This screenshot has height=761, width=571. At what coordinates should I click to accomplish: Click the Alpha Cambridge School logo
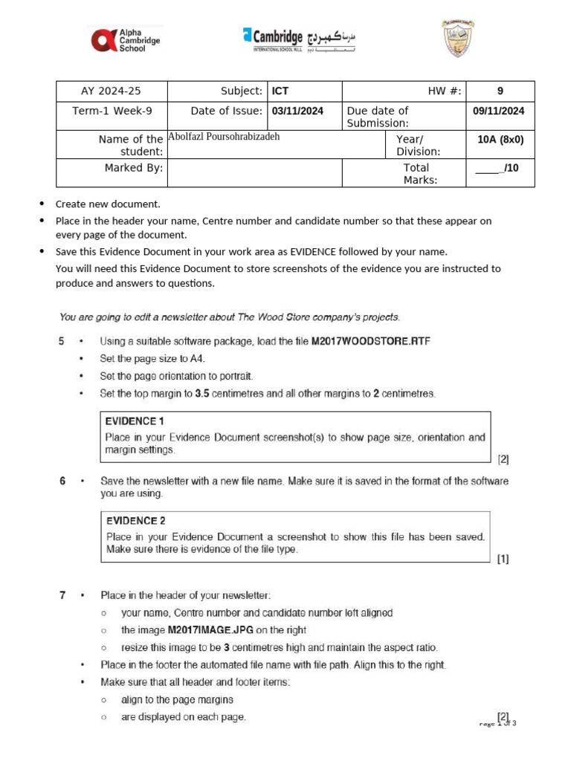[125, 39]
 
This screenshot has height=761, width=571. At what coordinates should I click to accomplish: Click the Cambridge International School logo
[299, 38]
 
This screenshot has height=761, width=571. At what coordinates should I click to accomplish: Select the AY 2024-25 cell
[111, 91]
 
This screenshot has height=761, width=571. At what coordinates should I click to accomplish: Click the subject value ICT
[280, 91]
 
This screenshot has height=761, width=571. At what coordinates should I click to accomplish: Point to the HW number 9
[500, 91]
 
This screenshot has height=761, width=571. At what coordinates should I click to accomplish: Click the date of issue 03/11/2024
[297, 111]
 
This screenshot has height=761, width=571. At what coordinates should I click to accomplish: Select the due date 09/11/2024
[499, 111]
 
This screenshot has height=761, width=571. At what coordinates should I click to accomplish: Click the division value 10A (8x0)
[500, 139]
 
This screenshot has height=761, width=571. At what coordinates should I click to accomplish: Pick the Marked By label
[133, 168]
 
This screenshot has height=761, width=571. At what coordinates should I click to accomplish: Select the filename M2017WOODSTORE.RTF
[370, 341]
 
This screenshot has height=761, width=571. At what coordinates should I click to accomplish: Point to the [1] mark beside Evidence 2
[503, 560]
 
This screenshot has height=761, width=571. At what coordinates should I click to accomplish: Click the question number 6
[62, 481]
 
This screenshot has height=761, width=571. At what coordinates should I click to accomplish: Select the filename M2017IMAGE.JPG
[211, 629]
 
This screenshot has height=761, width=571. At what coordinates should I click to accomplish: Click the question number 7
[62, 595]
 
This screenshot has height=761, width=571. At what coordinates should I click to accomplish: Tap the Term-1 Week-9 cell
[112, 111]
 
